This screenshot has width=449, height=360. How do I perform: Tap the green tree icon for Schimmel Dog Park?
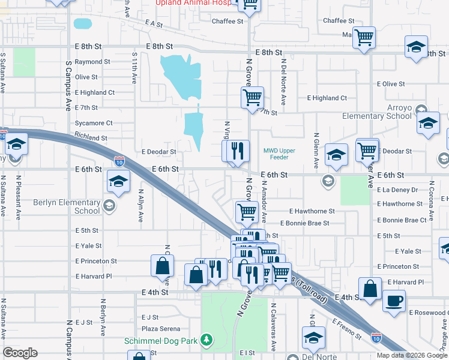(206, 340)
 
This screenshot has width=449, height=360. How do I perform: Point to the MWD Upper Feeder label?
(279, 154)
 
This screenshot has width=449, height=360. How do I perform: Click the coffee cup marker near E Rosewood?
(394, 301)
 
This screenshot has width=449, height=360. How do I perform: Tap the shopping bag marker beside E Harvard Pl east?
(371, 288)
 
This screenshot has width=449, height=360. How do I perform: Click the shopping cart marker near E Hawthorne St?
(247, 212)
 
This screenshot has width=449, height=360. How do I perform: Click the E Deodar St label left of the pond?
(158, 152)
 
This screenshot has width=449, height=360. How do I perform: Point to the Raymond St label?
(92, 62)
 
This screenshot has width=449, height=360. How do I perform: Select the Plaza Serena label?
(161, 329)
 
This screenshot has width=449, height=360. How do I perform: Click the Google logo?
(20, 352)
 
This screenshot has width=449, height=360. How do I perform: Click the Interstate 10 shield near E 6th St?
(119, 160)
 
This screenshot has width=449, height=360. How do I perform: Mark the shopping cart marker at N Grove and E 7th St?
(253, 97)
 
